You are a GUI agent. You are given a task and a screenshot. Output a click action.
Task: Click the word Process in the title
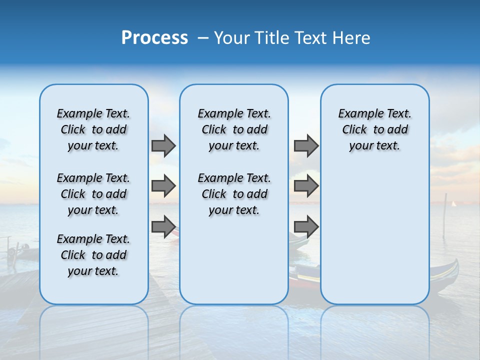(x=154, y=38)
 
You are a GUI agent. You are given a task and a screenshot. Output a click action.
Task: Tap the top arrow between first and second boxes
(x=163, y=145)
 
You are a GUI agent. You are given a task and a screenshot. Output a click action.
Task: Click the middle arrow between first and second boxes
(x=163, y=186)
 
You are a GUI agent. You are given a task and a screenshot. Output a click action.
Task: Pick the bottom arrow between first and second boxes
(x=163, y=226)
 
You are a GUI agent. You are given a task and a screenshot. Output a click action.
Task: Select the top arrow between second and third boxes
(x=306, y=145)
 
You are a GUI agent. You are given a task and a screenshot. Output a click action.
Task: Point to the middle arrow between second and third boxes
(x=306, y=186)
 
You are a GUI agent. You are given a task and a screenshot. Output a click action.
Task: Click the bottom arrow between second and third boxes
(x=306, y=226)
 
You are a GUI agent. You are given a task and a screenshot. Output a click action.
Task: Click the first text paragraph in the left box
(x=93, y=129)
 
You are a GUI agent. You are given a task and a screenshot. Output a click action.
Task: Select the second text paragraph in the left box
(x=93, y=194)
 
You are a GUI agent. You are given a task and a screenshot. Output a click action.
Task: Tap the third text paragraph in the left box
(x=93, y=255)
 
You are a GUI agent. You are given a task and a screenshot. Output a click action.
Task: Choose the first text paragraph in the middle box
(x=234, y=129)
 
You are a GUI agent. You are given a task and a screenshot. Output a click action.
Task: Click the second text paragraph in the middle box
(x=234, y=194)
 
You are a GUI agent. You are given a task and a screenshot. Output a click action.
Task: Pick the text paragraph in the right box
(x=374, y=129)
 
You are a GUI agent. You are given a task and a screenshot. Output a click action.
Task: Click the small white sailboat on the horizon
(x=454, y=204)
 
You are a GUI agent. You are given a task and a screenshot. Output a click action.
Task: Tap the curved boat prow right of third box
(x=452, y=270)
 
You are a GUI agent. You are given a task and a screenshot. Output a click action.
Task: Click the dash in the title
(x=203, y=38)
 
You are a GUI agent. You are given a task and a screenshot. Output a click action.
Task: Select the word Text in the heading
(x=310, y=38)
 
